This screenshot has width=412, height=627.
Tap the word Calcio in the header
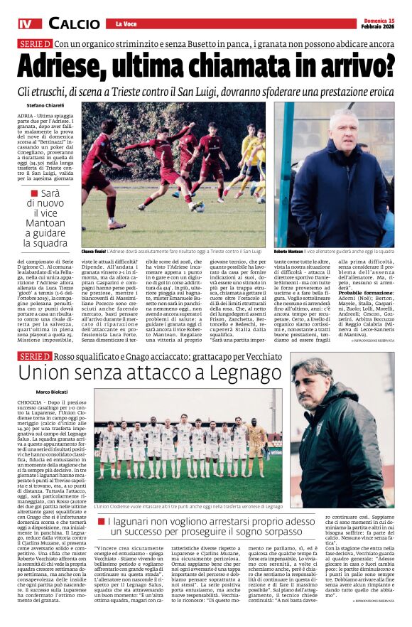click(x=74, y=24)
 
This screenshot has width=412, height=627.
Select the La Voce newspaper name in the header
click(x=126, y=25)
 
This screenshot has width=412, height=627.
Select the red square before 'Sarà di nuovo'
click(x=35, y=194)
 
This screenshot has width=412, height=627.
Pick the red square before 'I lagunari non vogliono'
click(x=102, y=522)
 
